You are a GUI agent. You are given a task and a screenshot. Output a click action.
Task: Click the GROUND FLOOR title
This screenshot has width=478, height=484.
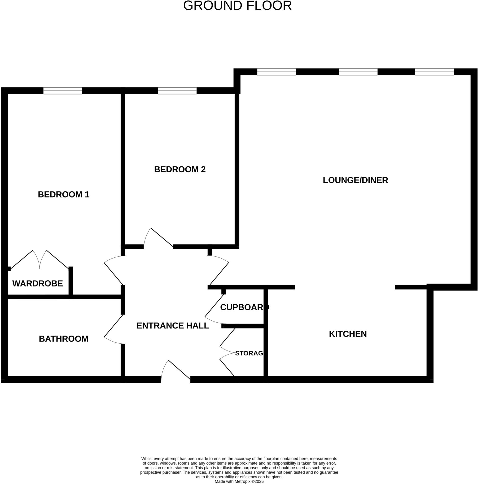pyautogui.click(x=237, y=6)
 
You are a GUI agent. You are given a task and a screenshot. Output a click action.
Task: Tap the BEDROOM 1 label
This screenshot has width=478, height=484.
pyautogui.click(x=63, y=194)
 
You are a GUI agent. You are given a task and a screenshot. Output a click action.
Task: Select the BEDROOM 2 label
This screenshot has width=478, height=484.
pyautogui.click(x=180, y=169)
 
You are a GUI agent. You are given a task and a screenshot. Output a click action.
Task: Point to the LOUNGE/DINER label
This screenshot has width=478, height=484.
pyautogui.click(x=355, y=180)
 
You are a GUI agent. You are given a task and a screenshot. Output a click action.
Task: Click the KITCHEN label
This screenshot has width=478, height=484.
pyautogui.click(x=348, y=334)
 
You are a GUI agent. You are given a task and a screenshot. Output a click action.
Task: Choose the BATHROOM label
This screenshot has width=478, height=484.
pyautogui.click(x=63, y=339)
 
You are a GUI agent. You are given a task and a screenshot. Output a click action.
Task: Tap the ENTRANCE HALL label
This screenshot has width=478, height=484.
pyautogui.click(x=172, y=326)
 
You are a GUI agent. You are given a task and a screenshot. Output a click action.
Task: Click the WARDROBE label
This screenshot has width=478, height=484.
pyautogui.click(x=38, y=284)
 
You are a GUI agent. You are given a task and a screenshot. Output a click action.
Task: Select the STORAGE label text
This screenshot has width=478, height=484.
pyautogui.click(x=249, y=353)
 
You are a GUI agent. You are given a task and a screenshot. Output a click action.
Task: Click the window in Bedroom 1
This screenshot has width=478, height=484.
pyautogui.click(x=63, y=91)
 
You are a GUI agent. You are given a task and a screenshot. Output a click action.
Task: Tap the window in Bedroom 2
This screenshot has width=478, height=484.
pyautogui.click(x=177, y=91)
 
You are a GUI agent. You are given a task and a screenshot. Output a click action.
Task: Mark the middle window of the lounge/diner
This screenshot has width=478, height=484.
pyautogui.click(x=358, y=72)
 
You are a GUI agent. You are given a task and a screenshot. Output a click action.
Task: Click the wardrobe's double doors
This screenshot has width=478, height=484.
pyautogui.click(x=39, y=259)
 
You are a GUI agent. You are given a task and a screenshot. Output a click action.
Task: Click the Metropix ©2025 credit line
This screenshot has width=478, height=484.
pyautogui.click(x=239, y=481)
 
